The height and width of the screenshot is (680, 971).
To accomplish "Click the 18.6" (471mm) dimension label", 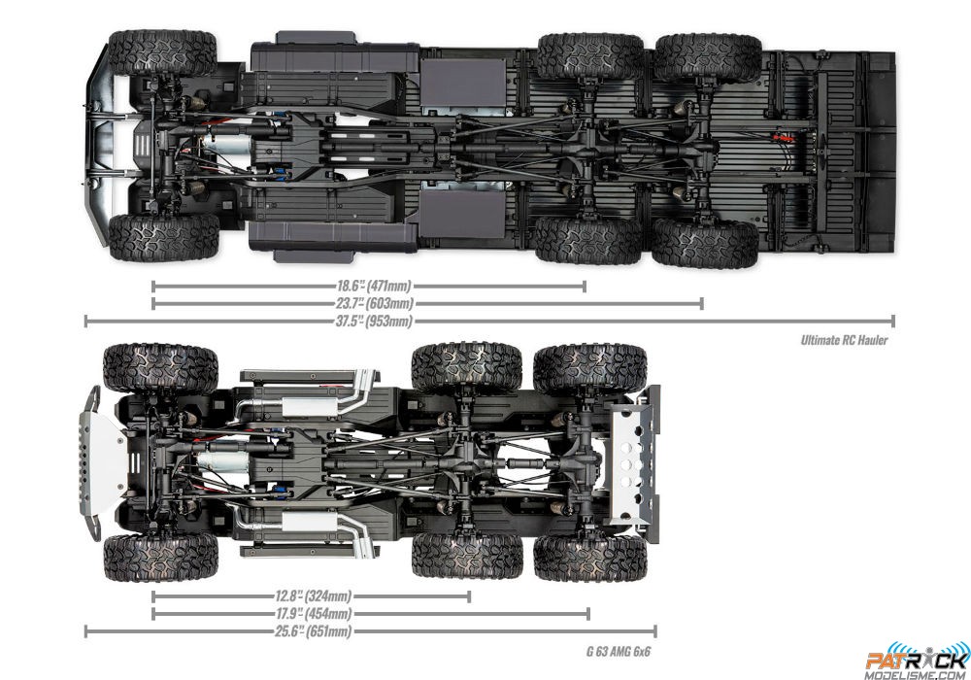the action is point(374,287).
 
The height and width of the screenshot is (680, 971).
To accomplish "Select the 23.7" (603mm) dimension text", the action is point(374,303).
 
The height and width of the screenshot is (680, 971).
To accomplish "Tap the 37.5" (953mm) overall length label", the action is point(374,321).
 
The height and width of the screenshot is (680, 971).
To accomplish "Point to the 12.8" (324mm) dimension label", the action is point(313,596).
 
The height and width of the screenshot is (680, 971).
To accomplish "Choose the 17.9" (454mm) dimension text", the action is point(313,614).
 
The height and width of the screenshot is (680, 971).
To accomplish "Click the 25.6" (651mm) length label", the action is point(313,631).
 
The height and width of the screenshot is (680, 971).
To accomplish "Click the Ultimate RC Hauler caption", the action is point(844,340).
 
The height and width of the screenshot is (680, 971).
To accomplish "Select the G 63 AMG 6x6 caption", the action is point(618,652).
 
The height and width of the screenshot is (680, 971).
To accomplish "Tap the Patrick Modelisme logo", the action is point(918,661).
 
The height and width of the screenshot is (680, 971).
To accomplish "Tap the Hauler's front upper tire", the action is point(162,53).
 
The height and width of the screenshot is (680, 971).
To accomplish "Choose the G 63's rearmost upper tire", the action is point(590,369).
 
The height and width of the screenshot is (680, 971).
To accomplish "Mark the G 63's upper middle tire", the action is point(467,368).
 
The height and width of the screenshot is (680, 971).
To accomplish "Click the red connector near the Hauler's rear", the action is point(782,138).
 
